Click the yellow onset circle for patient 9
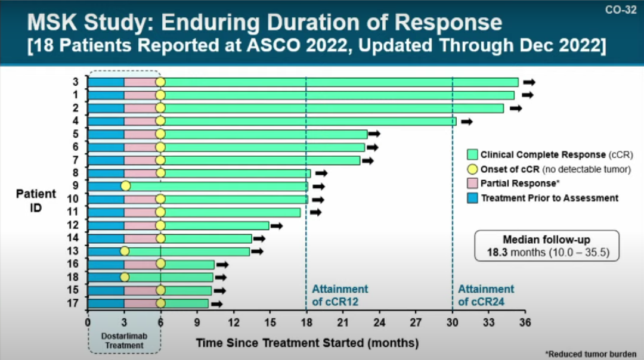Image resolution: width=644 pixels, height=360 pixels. coord(125,186)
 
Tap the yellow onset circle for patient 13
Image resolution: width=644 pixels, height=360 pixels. coord(124,252)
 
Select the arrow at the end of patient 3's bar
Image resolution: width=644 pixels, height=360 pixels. coord(529,82)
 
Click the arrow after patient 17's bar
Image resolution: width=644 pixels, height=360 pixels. coord(216,304)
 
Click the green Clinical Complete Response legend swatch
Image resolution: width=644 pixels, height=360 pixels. coord(473,154)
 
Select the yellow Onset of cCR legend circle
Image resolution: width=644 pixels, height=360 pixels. coord(473,169)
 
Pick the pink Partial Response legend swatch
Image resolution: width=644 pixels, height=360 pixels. coord(473,184)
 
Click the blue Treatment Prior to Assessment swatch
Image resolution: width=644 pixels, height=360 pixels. coord(473,198)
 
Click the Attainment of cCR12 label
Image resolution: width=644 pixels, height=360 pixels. coord(340,295)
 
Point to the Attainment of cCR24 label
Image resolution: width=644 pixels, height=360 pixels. coord(486,295)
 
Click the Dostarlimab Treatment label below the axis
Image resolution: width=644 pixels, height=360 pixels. coord(125,340)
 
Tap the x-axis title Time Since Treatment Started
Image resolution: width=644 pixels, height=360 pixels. coord(307,343)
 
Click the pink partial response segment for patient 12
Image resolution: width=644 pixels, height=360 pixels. coord(142,225)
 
